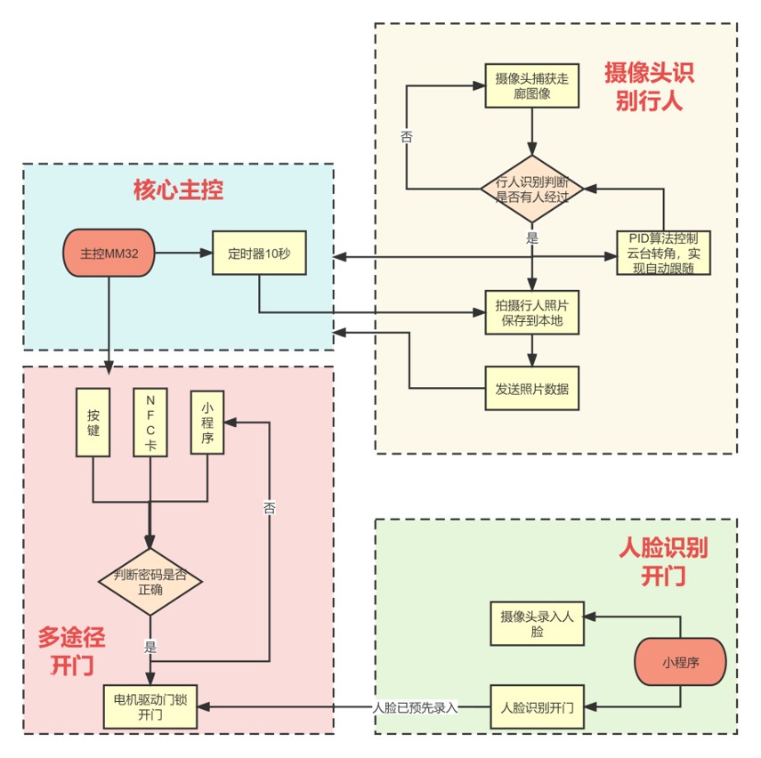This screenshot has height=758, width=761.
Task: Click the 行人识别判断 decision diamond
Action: point(532,187)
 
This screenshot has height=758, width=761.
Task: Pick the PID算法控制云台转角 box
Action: point(663,253)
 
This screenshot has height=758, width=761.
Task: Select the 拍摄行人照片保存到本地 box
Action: point(532,312)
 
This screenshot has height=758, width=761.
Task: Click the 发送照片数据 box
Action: point(532,389)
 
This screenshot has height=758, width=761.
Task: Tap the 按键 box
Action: point(93,422)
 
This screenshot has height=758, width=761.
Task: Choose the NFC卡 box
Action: point(150,422)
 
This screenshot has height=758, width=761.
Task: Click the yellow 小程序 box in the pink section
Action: point(207,422)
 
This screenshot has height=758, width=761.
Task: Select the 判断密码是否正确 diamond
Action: point(150,580)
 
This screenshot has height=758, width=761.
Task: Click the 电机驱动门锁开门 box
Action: point(150,707)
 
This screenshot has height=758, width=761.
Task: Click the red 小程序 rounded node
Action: point(681,663)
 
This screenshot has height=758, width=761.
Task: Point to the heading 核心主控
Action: point(178,189)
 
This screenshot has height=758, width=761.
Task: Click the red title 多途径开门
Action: point(71,650)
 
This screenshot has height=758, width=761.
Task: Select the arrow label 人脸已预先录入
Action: point(415,708)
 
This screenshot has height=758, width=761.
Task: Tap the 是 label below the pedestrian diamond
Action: point(532,238)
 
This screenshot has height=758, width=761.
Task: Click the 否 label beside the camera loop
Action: point(407,136)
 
